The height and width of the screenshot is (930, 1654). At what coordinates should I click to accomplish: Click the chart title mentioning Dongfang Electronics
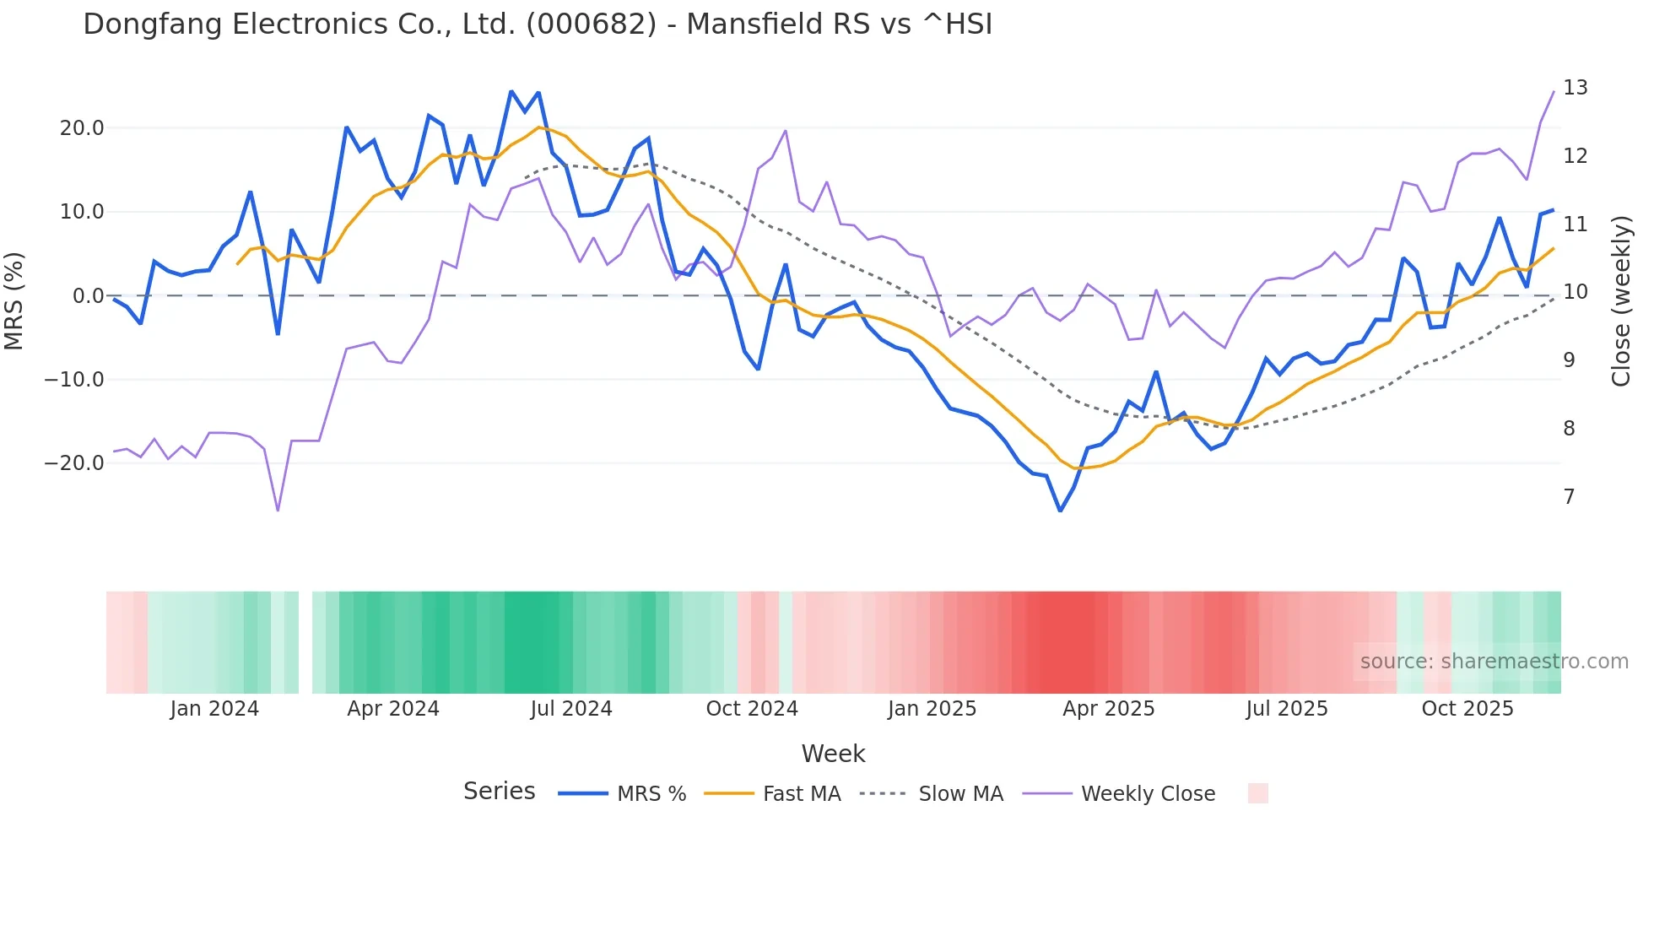(538, 24)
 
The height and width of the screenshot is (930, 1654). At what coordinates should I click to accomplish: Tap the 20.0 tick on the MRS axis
(82, 128)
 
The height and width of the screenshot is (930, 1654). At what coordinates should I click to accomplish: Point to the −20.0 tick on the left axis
(75, 463)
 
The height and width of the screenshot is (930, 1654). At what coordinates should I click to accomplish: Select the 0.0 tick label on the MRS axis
(88, 296)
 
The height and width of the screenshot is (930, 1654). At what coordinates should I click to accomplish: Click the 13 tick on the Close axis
(1575, 88)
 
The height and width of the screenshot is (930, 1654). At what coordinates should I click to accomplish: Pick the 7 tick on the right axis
(1569, 497)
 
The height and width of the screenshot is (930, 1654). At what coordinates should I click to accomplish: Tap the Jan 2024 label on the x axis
(214, 709)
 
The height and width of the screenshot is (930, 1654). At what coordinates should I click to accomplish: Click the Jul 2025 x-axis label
(1287, 709)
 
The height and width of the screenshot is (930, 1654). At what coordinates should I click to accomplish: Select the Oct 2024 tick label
(752, 709)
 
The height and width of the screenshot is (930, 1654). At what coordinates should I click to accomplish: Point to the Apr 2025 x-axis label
(1108, 709)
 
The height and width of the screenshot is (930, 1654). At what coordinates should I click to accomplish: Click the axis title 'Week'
(833, 754)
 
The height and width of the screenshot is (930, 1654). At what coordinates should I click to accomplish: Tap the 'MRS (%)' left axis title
(14, 300)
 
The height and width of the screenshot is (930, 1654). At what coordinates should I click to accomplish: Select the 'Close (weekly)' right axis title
(1621, 300)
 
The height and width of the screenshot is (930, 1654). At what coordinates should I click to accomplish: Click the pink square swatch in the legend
(1257, 793)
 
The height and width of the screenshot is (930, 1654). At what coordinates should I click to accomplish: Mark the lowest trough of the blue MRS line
(1061, 511)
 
